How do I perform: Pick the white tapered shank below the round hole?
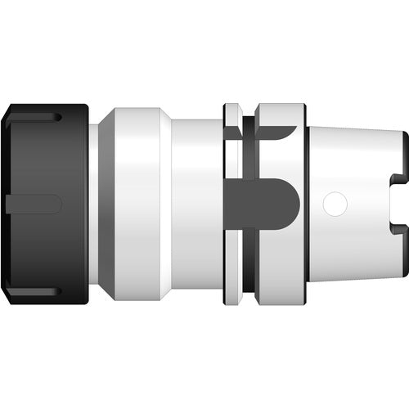click(344, 245)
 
